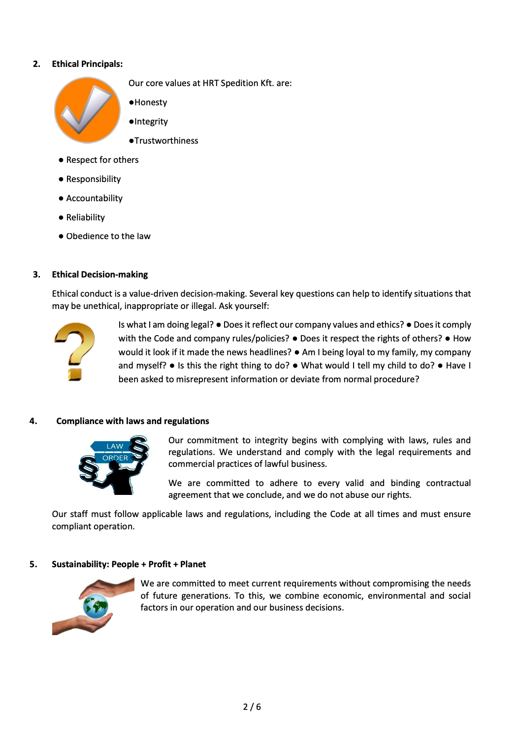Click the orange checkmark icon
point(87,110)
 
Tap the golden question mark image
point(74,351)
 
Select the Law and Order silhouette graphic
point(114,465)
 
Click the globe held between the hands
point(96,606)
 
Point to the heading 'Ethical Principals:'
point(87,64)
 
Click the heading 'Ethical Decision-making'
point(100,275)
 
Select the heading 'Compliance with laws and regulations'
point(132,421)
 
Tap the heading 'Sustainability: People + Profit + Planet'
point(129,564)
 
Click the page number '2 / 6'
point(252,707)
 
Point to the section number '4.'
point(33,421)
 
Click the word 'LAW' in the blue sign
point(115,446)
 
